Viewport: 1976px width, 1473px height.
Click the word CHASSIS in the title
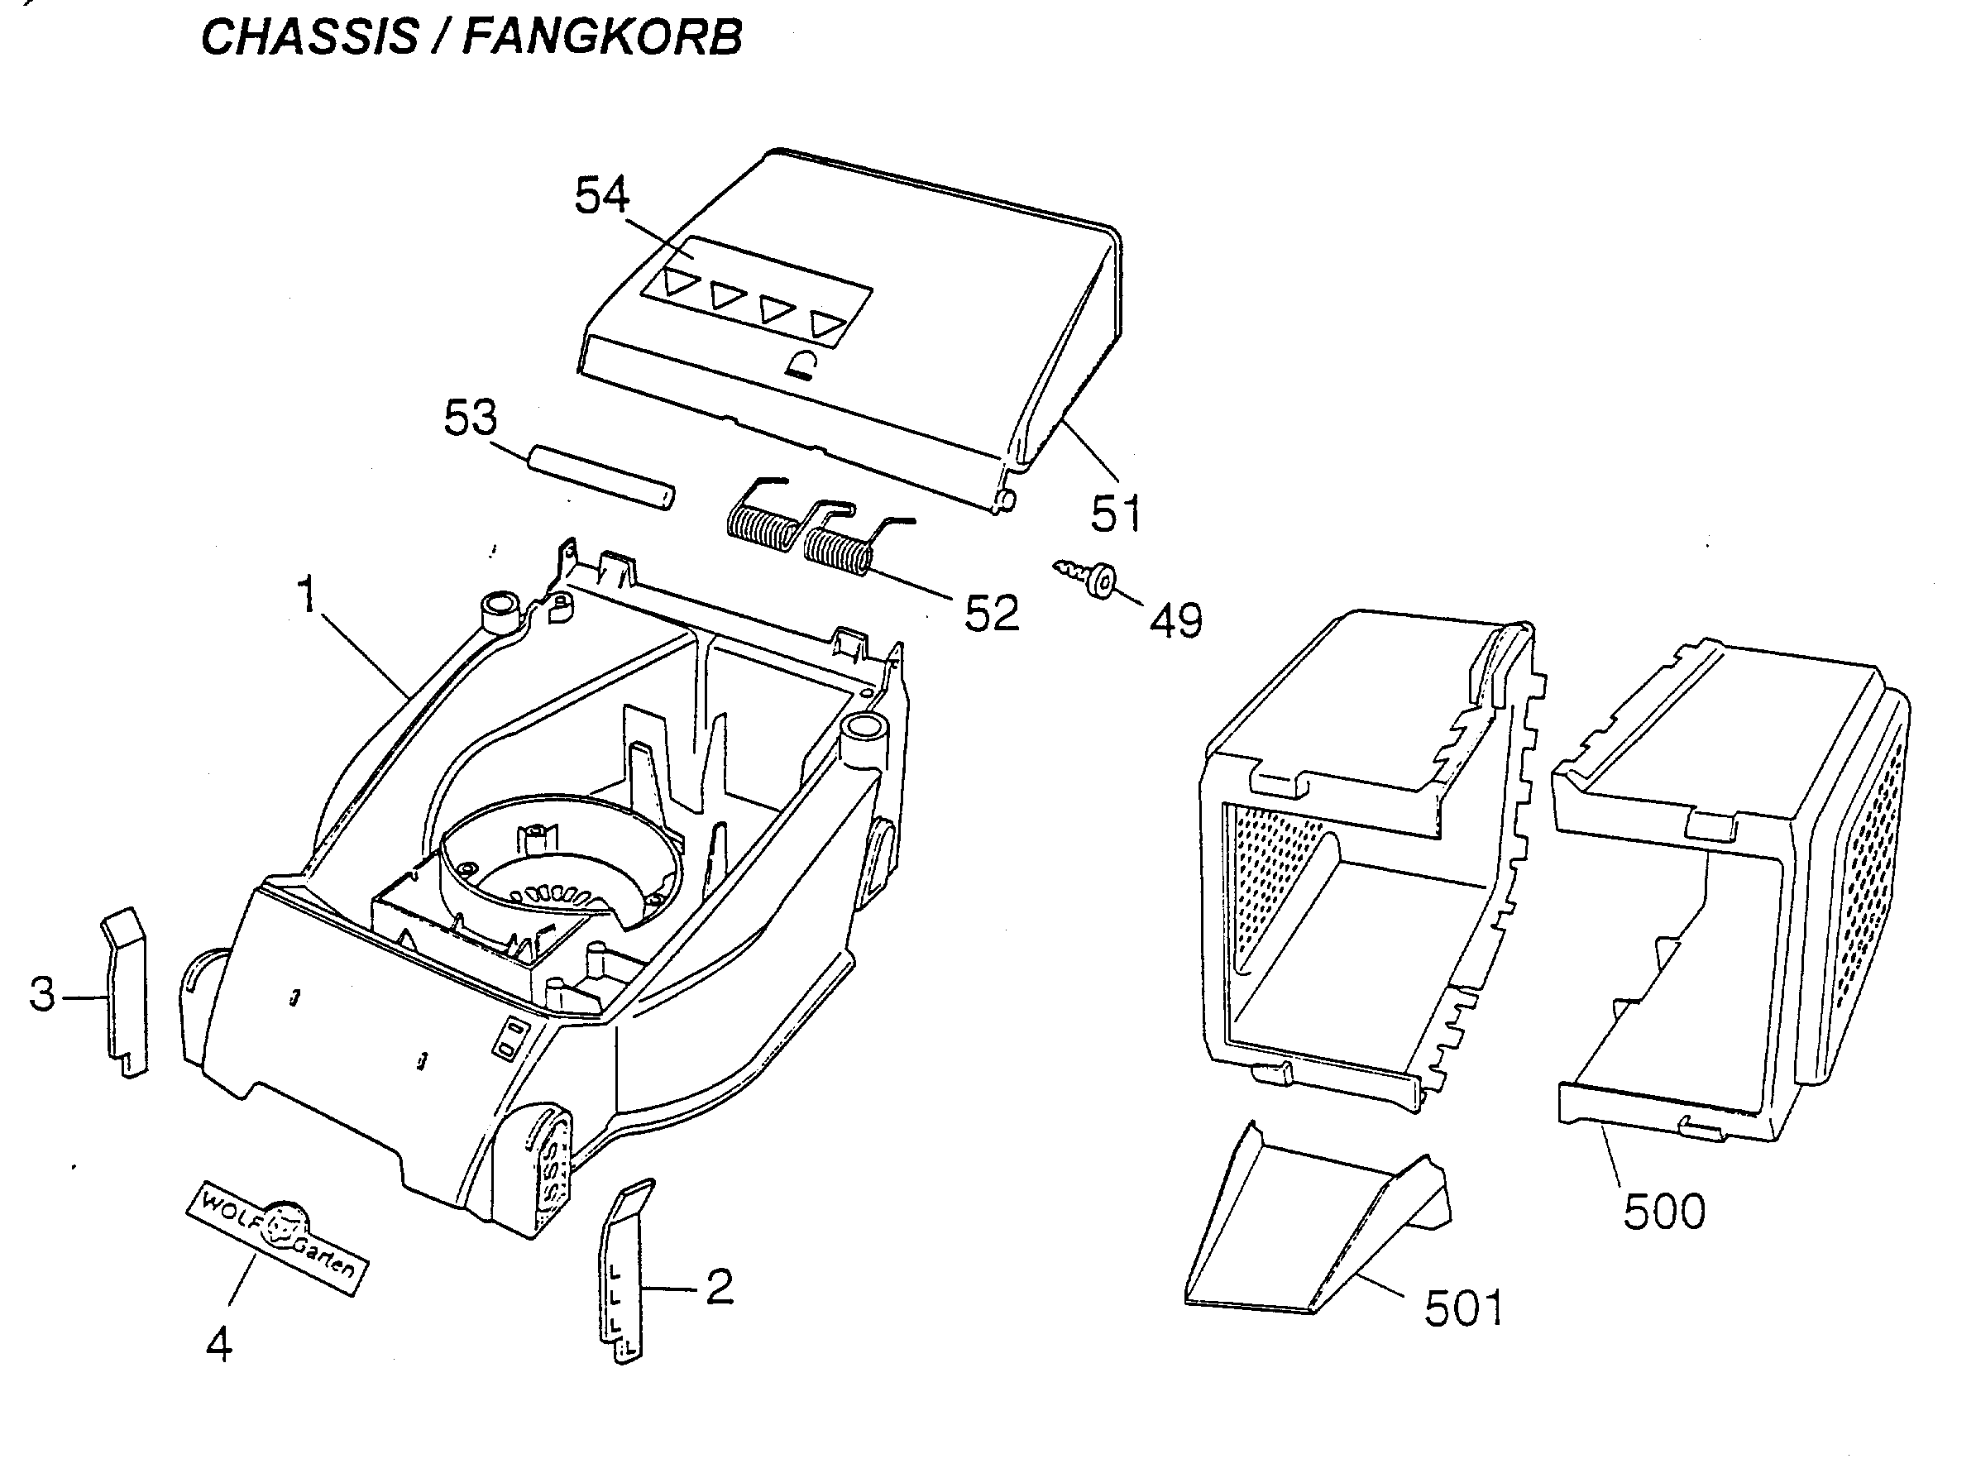point(309,37)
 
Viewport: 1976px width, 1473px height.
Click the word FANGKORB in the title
point(603,37)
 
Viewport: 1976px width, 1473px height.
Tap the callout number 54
point(602,195)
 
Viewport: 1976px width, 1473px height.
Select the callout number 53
point(471,418)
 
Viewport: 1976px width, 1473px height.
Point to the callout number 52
point(992,613)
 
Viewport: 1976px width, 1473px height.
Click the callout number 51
point(1117,514)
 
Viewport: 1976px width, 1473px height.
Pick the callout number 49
point(1176,620)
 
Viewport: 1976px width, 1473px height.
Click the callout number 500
point(1664,1212)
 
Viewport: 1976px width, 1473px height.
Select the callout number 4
point(219,1344)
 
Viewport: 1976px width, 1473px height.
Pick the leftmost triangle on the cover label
point(679,284)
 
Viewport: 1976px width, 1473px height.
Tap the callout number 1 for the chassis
point(308,595)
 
